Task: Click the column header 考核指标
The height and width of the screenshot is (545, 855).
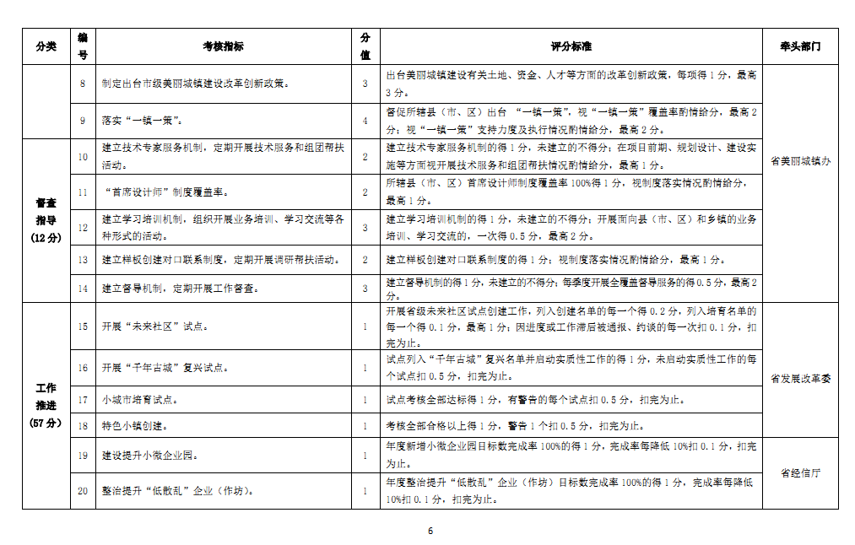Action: click(223, 46)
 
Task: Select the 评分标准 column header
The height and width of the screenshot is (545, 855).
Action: click(571, 46)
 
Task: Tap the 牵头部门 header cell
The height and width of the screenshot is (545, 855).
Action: click(800, 46)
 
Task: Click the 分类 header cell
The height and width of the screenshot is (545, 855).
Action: click(46, 46)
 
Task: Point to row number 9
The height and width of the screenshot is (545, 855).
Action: click(83, 121)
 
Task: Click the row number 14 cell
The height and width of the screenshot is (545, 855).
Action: click(83, 288)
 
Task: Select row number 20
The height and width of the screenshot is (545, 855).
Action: click(83, 491)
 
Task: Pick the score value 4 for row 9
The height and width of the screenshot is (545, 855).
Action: click(365, 121)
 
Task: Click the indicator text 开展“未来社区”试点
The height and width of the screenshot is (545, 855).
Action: click(155, 326)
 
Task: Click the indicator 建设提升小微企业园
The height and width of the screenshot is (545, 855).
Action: click(149, 456)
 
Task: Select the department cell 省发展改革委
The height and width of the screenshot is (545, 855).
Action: click(800, 379)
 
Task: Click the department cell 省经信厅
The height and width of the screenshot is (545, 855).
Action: click(800, 473)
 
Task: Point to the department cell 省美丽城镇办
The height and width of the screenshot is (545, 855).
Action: click(800, 161)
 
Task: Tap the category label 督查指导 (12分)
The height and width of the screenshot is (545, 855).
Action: click(46, 221)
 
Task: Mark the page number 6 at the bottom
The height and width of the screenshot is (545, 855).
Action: click(430, 531)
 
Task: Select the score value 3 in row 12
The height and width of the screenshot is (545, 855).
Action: click(365, 228)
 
